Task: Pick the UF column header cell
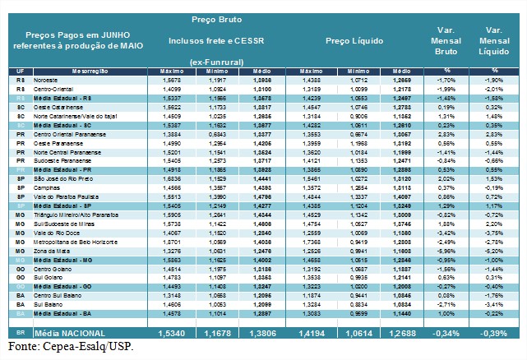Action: pyautogui.click(x=18, y=72)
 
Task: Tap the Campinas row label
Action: pyautogui.click(x=49, y=187)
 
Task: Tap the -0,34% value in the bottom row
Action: pyautogui.click(x=446, y=332)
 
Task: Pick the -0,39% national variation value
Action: pyautogui.click(x=496, y=332)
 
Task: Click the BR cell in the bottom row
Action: pyautogui.click(x=18, y=332)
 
